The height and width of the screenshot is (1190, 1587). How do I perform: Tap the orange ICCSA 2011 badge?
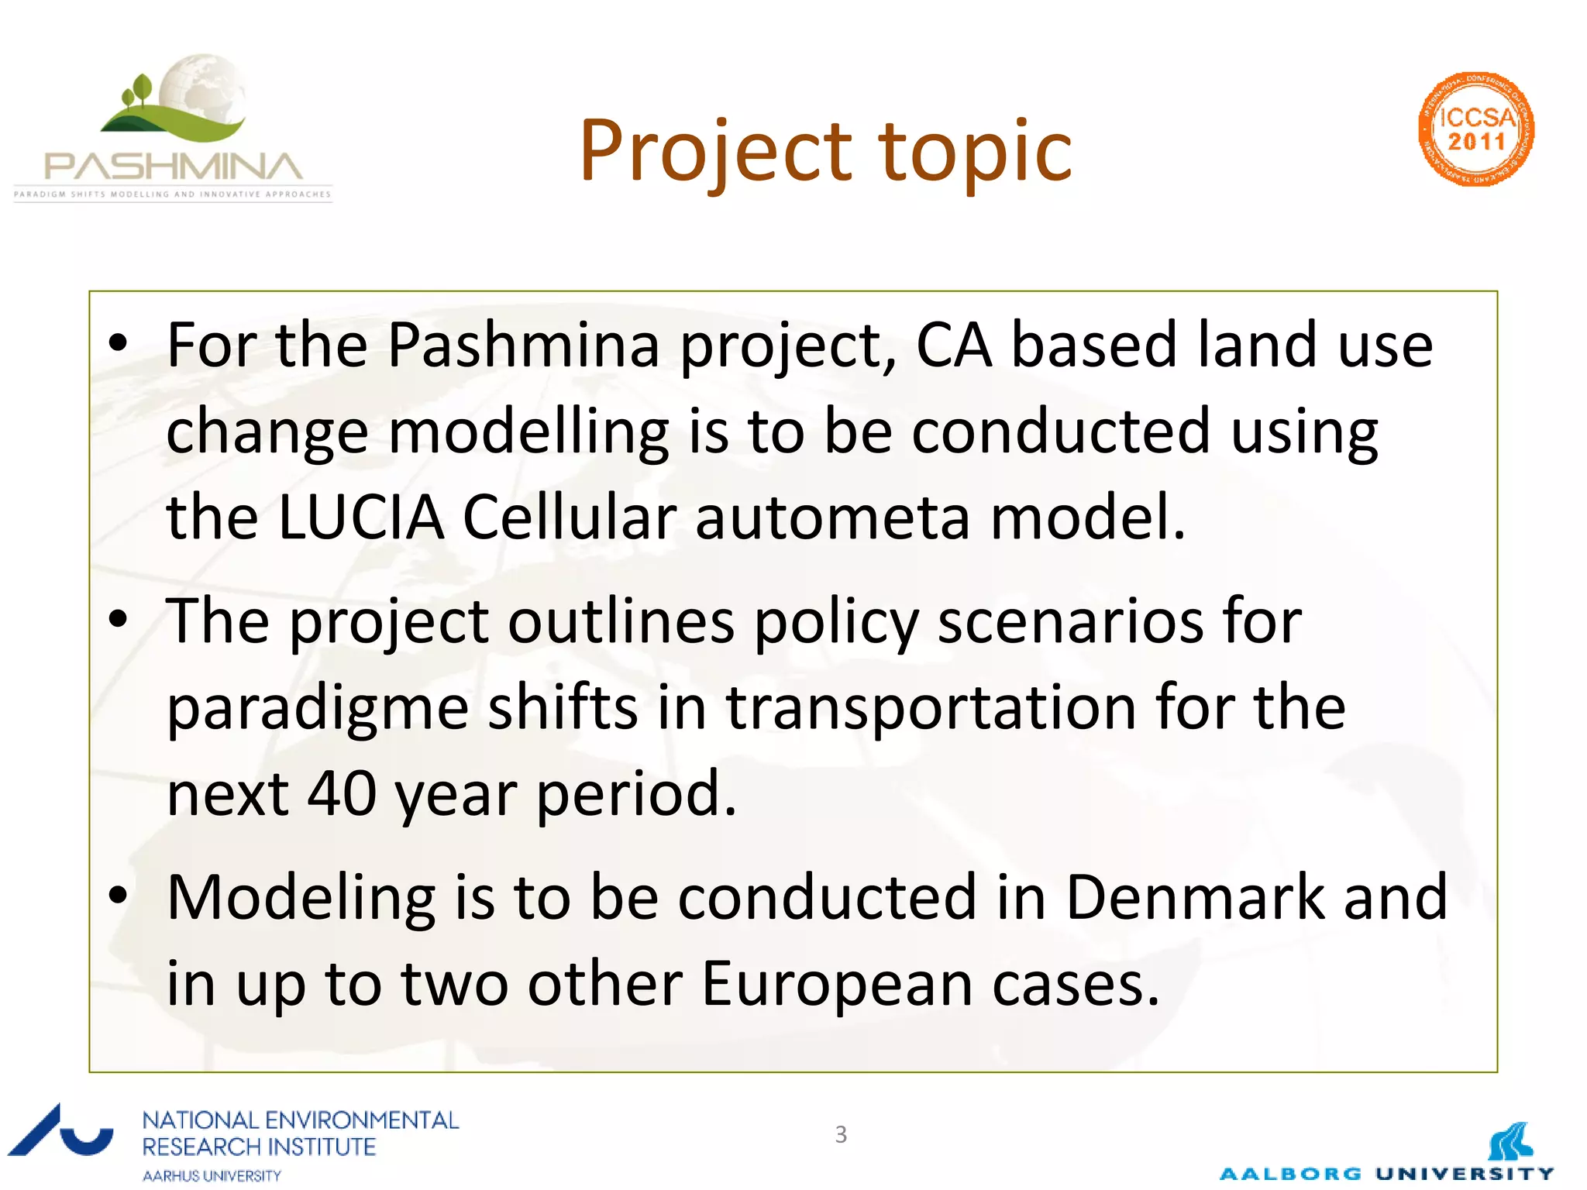(1475, 129)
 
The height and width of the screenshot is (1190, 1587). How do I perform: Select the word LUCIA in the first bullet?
(360, 518)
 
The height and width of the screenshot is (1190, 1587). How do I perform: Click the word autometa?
(832, 518)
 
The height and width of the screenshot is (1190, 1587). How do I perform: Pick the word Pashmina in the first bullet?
(523, 345)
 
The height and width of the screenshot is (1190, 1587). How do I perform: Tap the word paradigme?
(318, 709)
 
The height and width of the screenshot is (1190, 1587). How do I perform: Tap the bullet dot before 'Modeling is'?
(118, 896)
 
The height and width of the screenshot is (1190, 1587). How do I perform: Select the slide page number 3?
(841, 1134)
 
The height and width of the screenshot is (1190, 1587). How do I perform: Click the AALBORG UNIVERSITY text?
(1386, 1174)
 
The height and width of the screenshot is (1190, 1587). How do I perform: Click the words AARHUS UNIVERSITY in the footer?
(212, 1175)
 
